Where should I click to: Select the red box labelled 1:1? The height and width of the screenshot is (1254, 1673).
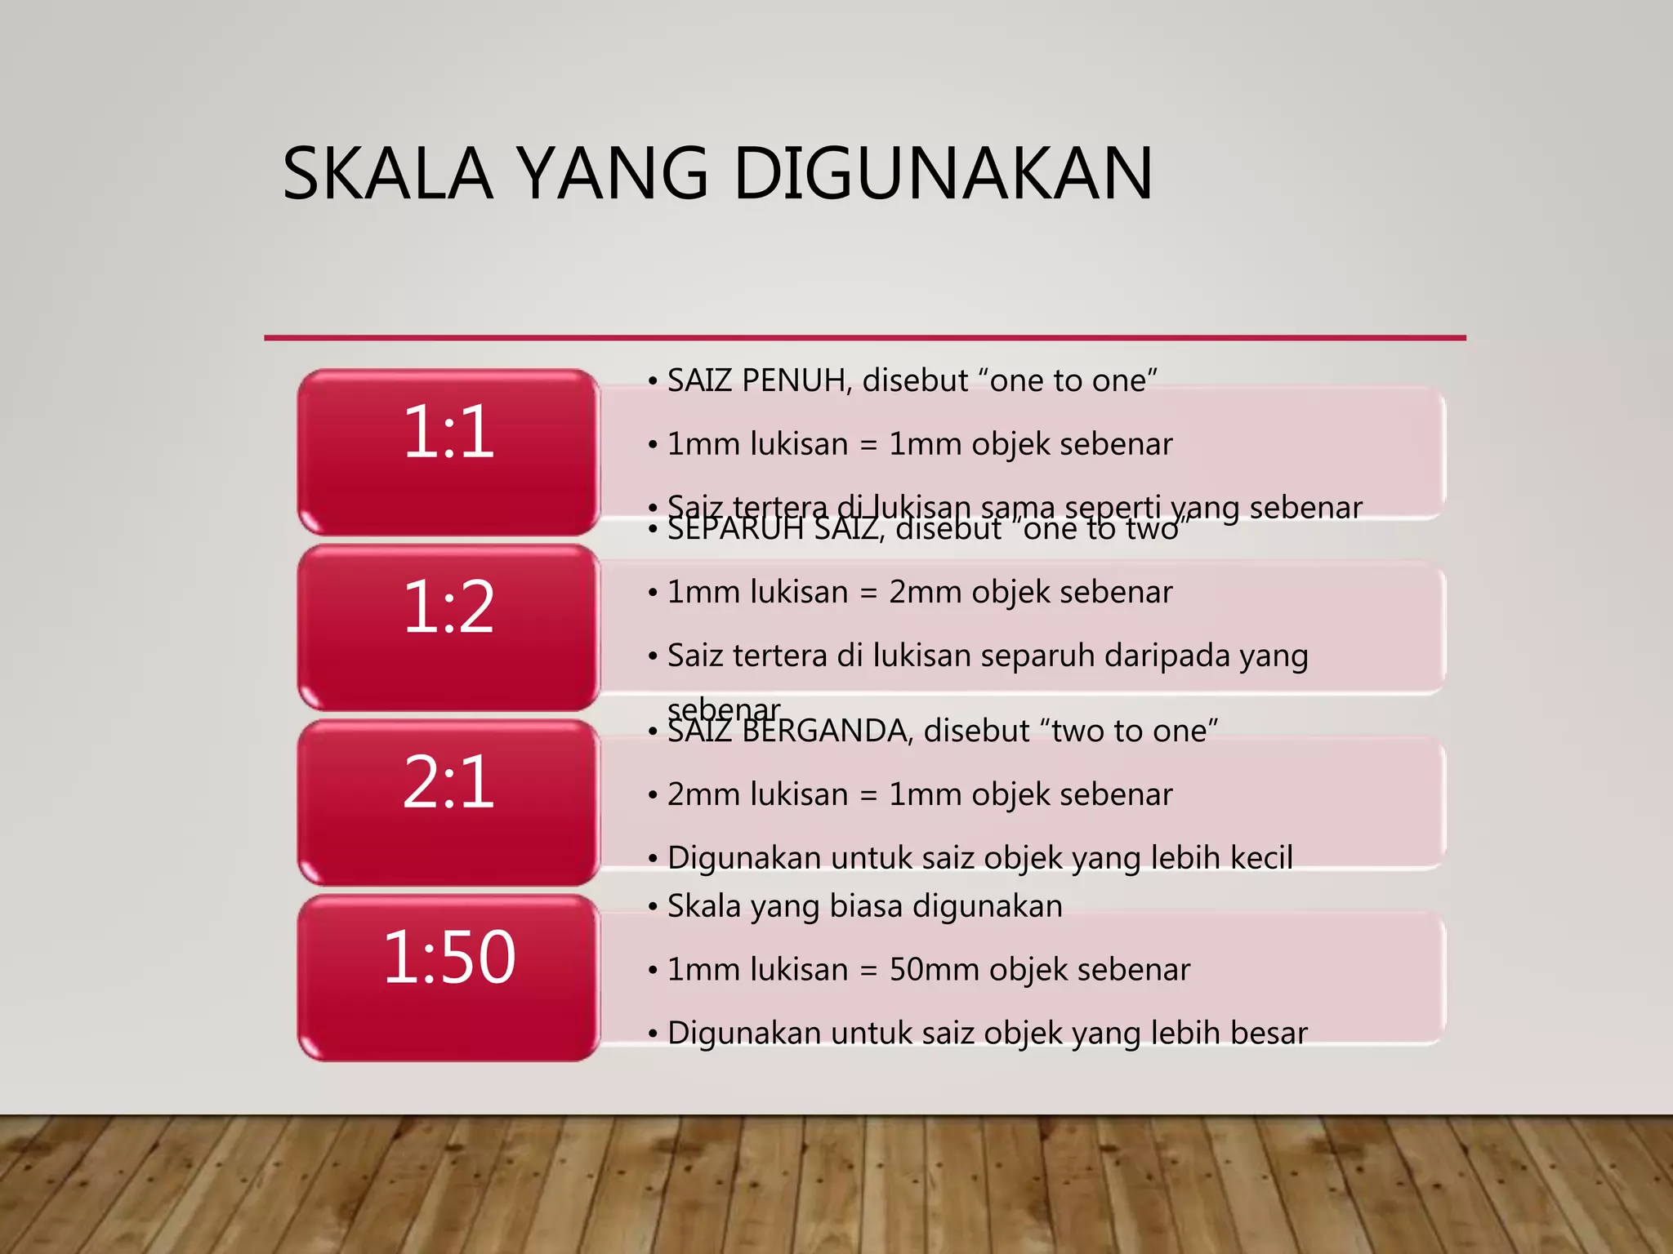click(x=448, y=451)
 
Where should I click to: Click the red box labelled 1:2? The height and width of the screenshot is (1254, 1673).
click(x=448, y=627)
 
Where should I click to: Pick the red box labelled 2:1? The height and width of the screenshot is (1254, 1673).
click(x=448, y=803)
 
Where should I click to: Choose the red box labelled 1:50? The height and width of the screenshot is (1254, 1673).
click(x=448, y=978)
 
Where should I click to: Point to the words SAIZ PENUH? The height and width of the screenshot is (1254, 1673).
click(x=756, y=380)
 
